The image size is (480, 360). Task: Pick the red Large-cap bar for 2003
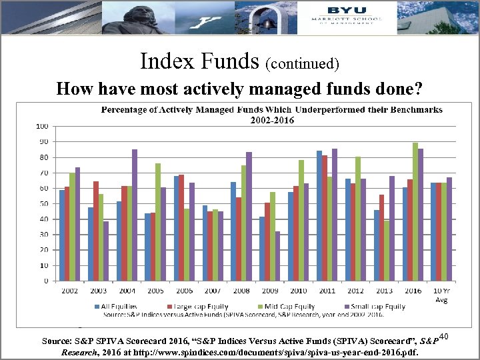(x=96, y=231)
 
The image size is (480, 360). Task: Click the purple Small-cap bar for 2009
(x=277, y=256)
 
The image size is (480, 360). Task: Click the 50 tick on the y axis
(x=43, y=203)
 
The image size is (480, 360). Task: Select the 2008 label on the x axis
(x=241, y=291)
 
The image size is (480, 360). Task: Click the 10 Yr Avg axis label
(x=441, y=295)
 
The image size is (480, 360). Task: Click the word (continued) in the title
(x=303, y=64)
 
